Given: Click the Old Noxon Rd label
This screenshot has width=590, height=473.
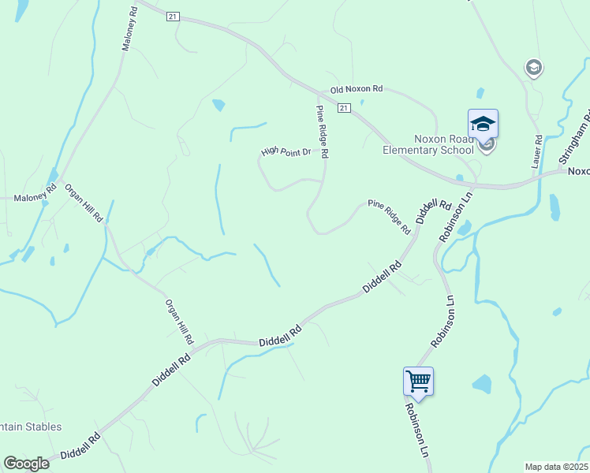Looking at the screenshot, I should point(356,89).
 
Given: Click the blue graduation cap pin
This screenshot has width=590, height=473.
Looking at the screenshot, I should point(483,125).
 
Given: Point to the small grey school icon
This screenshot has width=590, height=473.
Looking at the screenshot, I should point(534,68).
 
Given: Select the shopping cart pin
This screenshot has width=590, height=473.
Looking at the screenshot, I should point(418,382).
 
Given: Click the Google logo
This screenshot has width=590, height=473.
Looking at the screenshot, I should point(26,464).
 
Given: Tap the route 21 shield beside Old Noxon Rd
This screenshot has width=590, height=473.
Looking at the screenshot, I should point(343,107).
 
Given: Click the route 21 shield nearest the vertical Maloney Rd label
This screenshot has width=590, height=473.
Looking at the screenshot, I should point(174,16).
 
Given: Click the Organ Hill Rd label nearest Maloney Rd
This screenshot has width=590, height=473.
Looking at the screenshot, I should point(84,203).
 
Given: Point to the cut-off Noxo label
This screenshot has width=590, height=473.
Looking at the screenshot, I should point(578,170).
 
